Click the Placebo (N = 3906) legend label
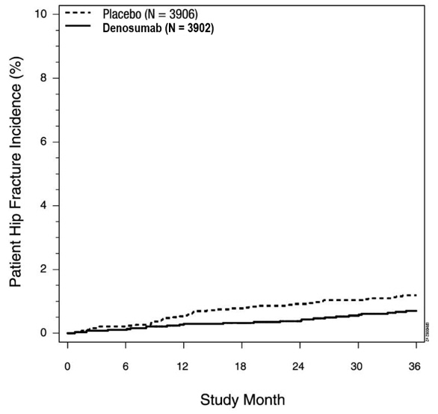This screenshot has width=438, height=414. (150, 15)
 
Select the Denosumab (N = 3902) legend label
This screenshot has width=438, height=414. (158, 28)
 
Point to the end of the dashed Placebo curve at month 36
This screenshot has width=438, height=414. (416, 295)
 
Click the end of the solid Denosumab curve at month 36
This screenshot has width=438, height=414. (416, 311)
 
